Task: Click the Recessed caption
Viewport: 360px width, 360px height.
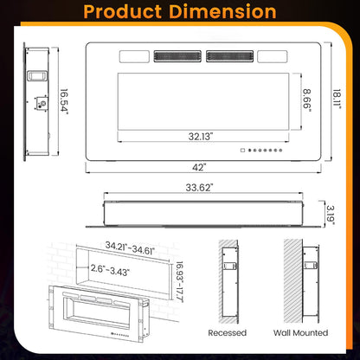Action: pyautogui.click(x=228, y=332)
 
